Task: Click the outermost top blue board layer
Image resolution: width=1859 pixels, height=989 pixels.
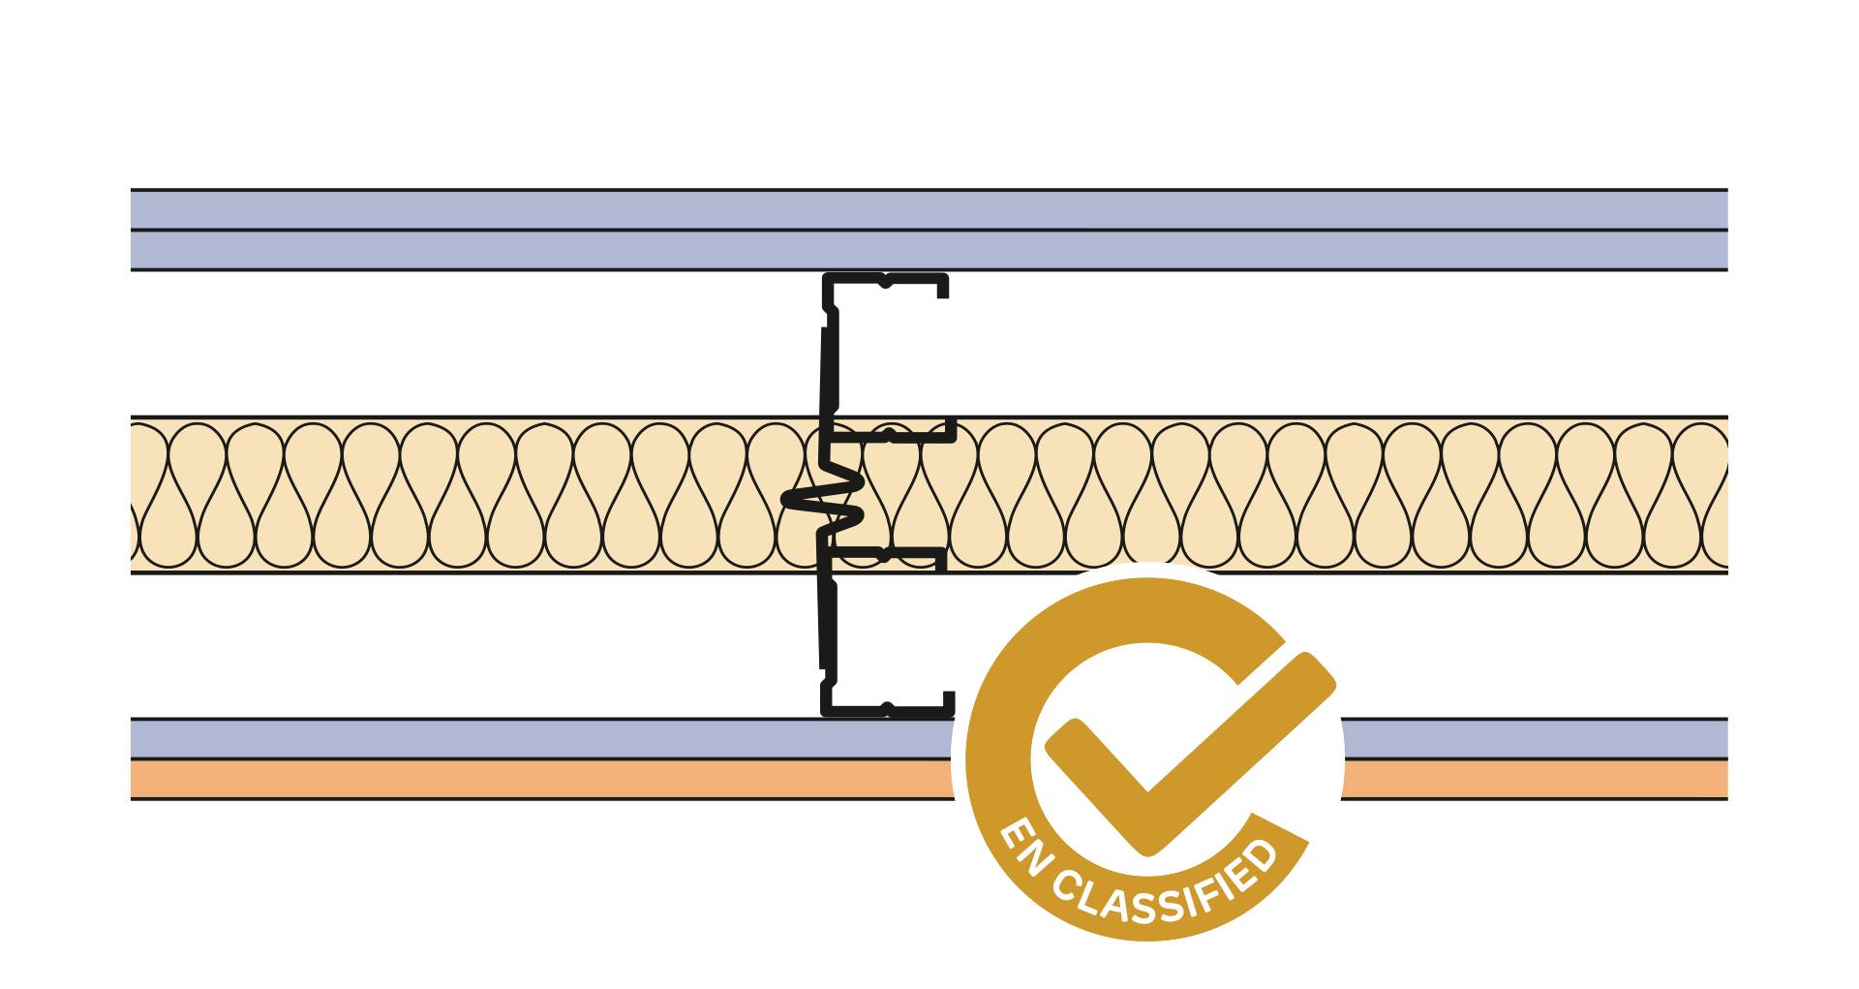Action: coord(929,209)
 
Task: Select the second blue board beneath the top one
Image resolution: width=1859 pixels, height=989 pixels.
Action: coord(929,250)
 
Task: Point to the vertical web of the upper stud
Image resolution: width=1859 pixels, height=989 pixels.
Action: coord(829,368)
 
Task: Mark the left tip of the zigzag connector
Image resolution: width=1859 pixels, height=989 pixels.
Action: coord(787,500)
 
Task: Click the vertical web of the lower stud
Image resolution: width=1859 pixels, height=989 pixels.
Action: coord(827,625)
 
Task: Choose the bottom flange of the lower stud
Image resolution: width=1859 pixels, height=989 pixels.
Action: coord(871,711)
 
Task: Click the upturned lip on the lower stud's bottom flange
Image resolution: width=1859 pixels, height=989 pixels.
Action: coord(949,701)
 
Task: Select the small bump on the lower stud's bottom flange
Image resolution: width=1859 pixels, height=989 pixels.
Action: coord(886,707)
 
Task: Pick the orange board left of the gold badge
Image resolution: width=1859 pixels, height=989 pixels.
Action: coord(542,779)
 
